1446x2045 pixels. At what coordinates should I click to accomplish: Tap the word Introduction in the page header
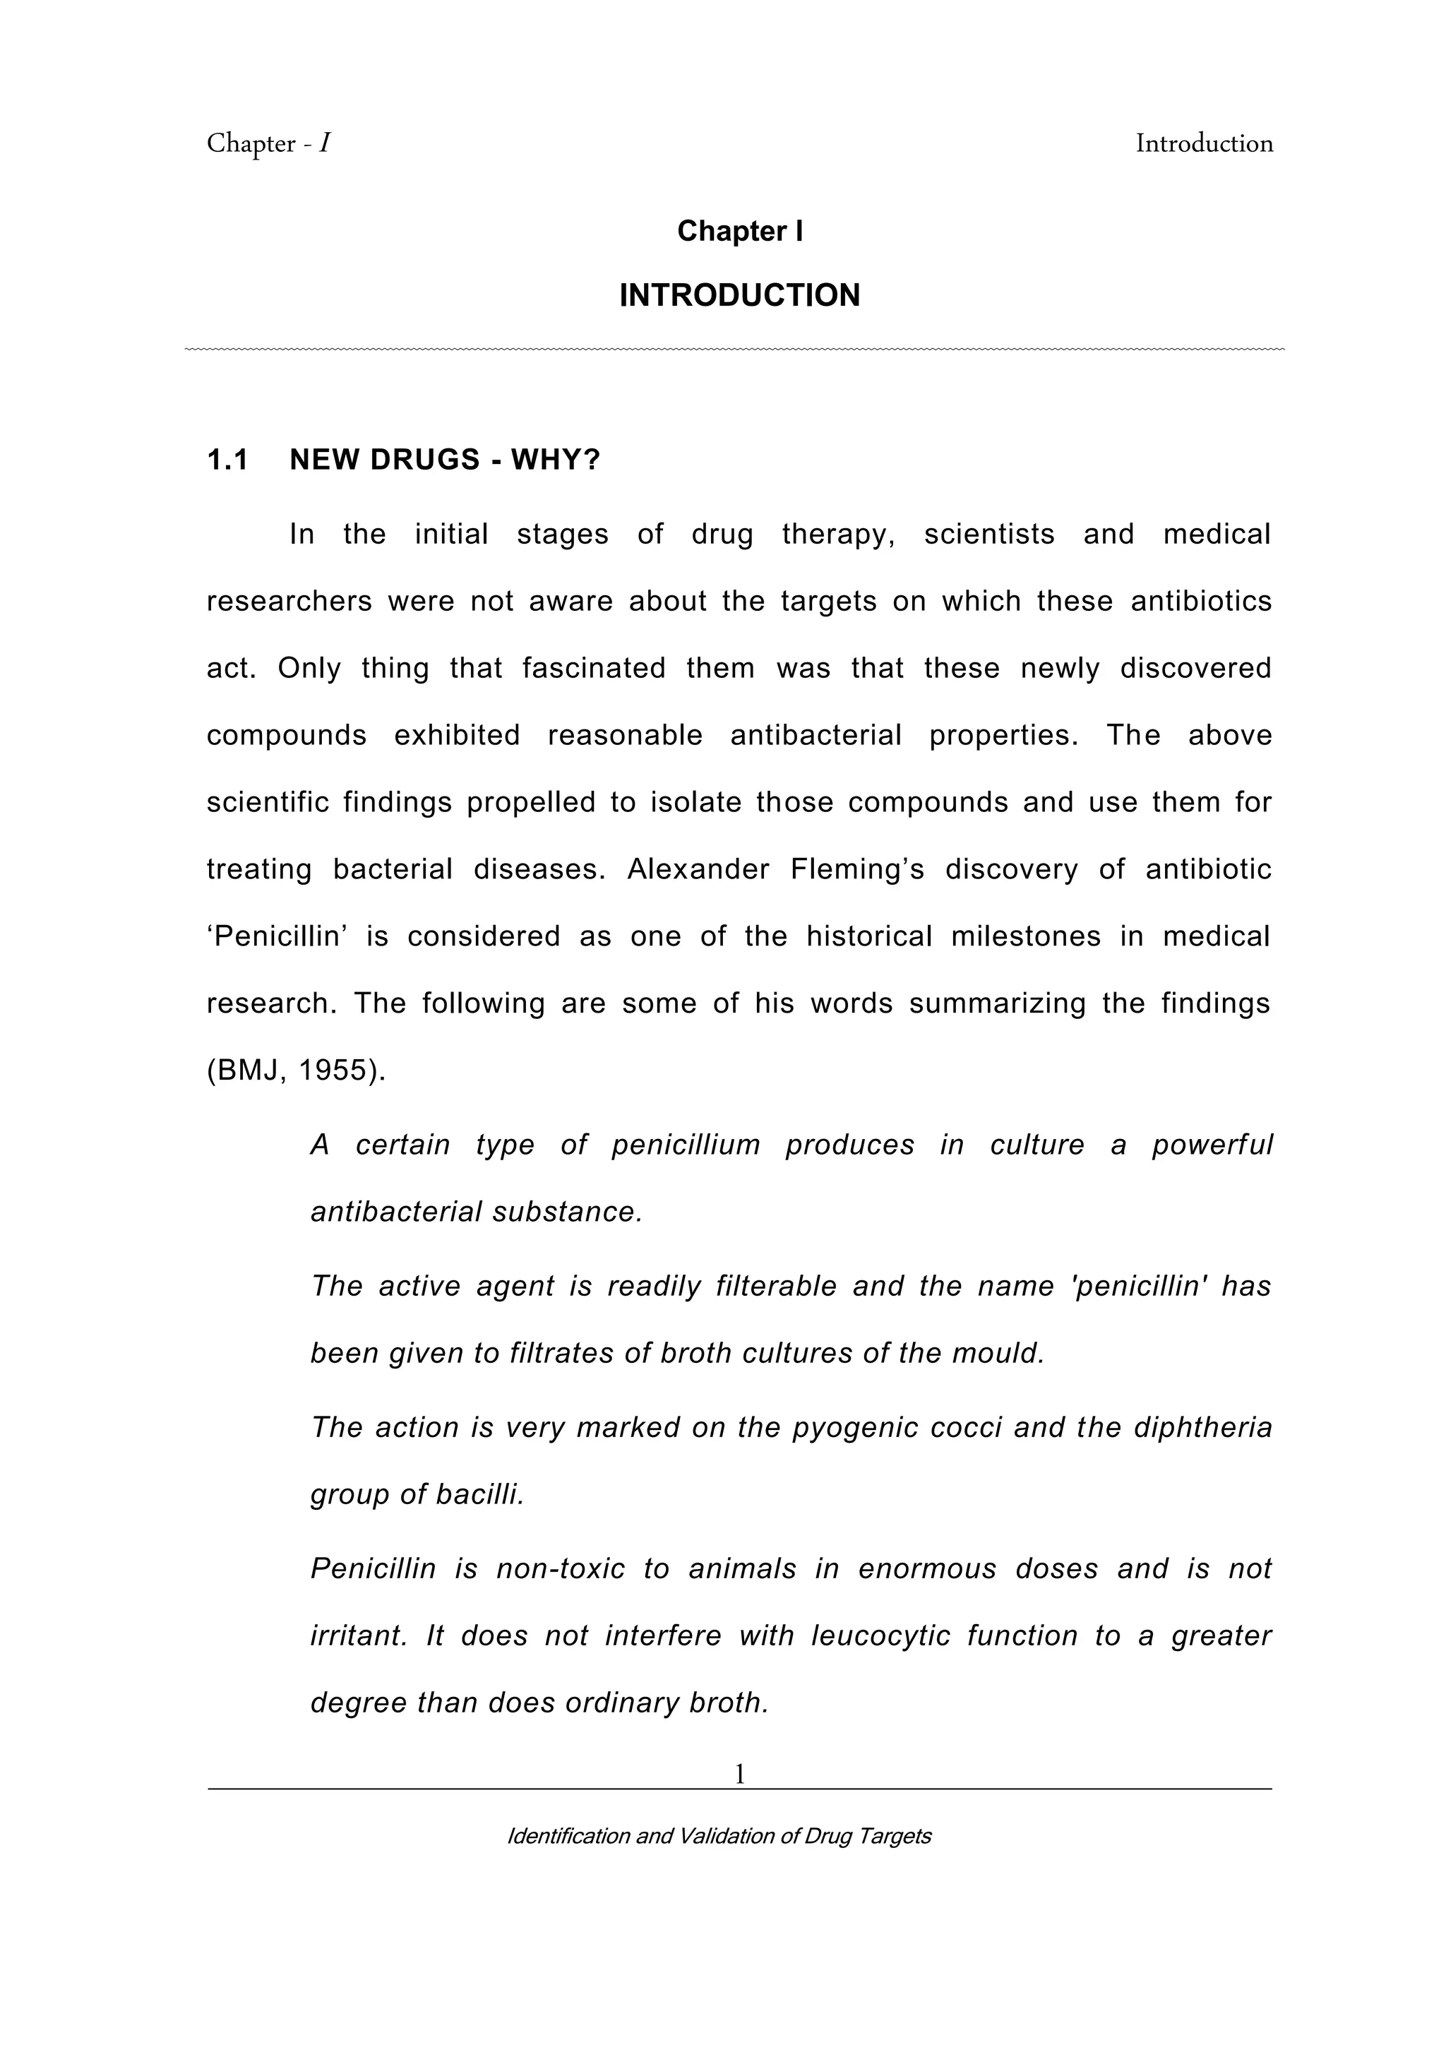pos(1204,143)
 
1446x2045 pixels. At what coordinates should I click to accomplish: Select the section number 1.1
pos(227,460)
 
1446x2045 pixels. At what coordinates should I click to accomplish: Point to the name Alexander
pos(698,869)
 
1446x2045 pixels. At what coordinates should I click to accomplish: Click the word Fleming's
pos(857,869)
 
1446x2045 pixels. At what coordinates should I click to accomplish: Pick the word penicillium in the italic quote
pos(686,1145)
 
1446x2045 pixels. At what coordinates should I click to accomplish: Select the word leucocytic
pos(880,1636)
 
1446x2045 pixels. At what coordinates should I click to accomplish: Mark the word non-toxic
pos(560,1568)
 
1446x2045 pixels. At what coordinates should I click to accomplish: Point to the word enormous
pos(927,1568)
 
